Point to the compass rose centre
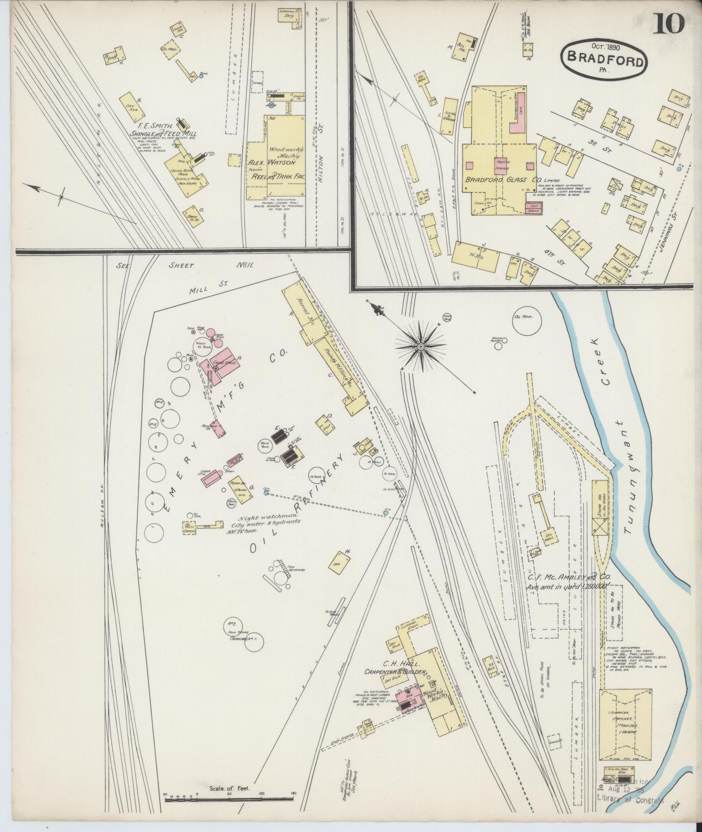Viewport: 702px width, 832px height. click(x=420, y=346)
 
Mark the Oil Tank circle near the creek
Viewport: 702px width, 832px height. click(x=527, y=322)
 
